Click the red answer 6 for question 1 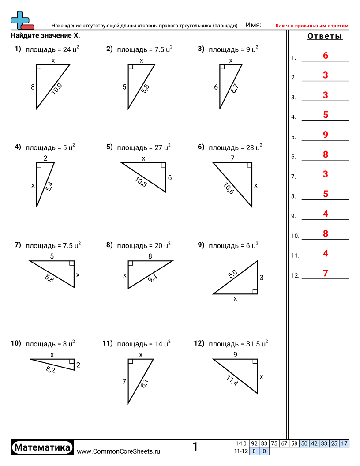coord(326,56)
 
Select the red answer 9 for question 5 coord(326,135)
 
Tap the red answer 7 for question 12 coord(326,273)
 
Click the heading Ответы coord(325,37)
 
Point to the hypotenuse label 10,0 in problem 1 coord(57,89)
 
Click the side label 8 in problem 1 coord(33,87)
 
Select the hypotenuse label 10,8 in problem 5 coord(141,181)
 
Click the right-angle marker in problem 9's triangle coord(255,291)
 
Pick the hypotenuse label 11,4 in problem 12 coord(232,380)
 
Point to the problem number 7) coord(18,245)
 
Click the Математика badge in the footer coord(42,447)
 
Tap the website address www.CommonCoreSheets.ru coord(118,451)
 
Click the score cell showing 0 coord(264,451)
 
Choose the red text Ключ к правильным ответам coord(312,26)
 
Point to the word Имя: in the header coord(254,25)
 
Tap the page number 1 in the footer coord(195,447)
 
